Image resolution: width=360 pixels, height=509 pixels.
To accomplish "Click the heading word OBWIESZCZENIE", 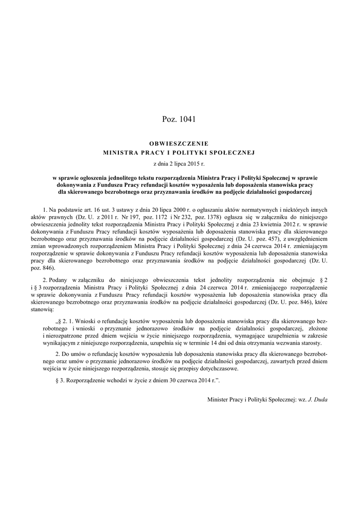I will pyautogui.click(x=180, y=144).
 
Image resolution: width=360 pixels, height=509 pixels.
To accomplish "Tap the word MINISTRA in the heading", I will pyautogui.click(x=120, y=152).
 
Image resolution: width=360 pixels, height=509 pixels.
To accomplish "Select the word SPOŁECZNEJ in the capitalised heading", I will pyautogui.click(x=232, y=152).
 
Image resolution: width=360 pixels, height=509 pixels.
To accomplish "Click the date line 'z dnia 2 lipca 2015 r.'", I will pyautogui.click(x=180, y=163).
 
